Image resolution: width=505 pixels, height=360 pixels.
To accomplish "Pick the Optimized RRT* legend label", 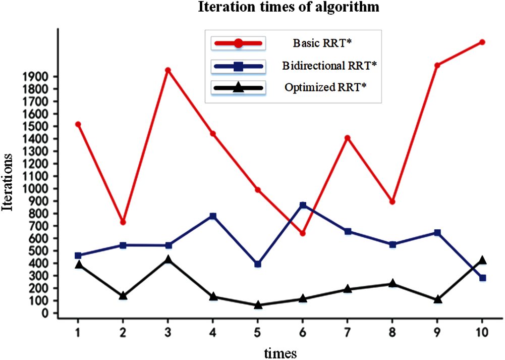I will [325, 87].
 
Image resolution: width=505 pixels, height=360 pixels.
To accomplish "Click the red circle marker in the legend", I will [239, 43].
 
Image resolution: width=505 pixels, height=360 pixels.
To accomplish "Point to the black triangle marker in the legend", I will [239, 88].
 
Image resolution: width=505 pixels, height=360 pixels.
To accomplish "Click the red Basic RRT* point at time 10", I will [482, 42].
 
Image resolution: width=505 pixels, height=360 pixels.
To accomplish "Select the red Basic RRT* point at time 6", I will [302, 233].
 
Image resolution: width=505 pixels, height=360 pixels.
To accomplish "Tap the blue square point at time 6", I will [303, 205].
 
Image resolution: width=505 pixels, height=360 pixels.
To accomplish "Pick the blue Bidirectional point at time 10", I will [482, 278].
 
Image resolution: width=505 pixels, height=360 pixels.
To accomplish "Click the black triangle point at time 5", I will [258, 305].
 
